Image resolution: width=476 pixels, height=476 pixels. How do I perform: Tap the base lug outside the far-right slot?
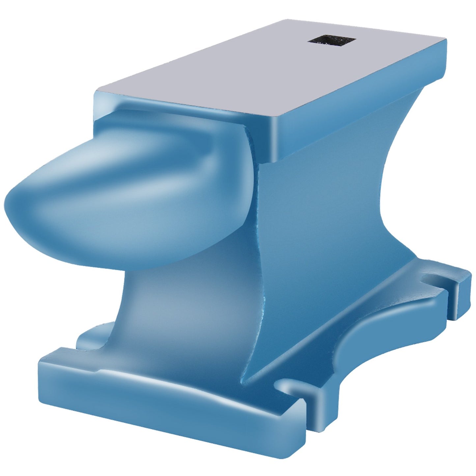[461, 283]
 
